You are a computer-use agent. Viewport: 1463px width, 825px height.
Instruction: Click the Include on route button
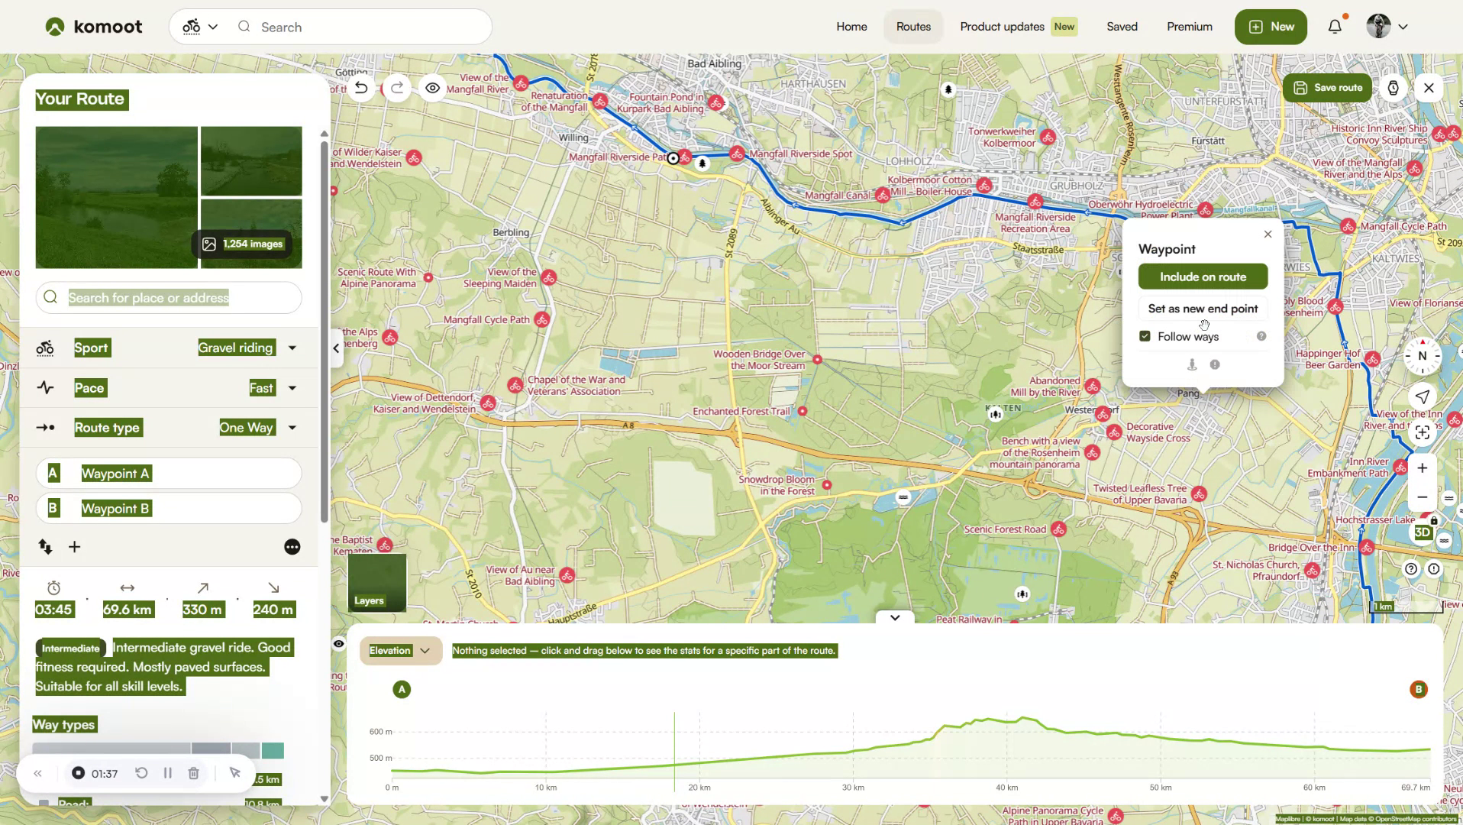[1203, 277]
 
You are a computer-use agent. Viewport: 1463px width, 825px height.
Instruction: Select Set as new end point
[1203, 309]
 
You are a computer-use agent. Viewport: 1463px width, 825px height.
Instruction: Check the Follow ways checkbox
[1145, 336]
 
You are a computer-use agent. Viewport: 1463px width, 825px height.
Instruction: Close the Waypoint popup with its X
[1268, 235]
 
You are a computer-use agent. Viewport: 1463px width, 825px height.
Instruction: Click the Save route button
[1328, 88]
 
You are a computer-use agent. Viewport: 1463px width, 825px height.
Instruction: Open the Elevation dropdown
[400, 651]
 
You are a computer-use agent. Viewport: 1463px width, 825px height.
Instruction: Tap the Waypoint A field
[169, 474]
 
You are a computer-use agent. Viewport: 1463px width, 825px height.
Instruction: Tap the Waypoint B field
[169, 509]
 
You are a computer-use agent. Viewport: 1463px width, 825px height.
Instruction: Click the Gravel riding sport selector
[247, 348]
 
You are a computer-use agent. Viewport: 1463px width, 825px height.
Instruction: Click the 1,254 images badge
[243, 244]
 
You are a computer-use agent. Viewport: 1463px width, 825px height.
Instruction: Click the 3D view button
[1423, 532]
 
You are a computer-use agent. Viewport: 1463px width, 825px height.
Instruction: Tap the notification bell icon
[1335, 27]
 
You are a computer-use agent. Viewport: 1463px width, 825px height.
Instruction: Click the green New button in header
[1271, 27]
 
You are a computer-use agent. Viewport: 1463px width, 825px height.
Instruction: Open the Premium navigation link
[1189, 27]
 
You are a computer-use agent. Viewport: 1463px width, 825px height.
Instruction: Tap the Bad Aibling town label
[714, 63]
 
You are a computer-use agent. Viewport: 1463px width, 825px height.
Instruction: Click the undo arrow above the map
[361, 88]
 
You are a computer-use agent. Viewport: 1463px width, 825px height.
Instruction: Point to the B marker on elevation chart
[1418, 690]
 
